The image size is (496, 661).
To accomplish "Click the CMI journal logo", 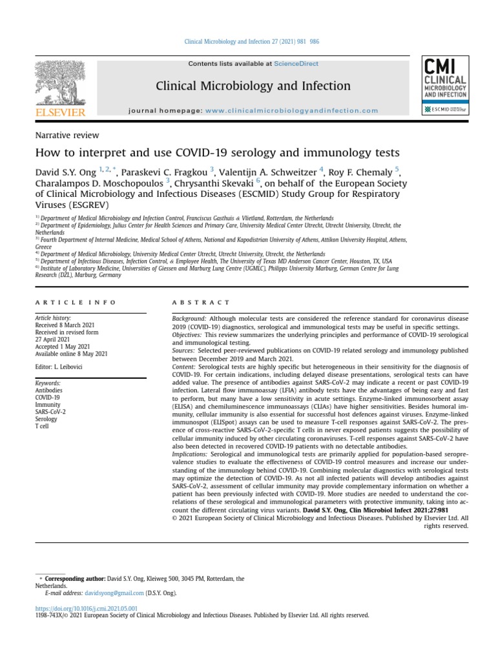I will [x=446, y=77].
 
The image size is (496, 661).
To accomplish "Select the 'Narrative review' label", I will [x=67, y=135].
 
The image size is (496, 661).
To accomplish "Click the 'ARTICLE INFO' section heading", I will [x=76, y=302].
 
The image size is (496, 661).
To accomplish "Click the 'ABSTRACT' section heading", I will [x=200, y=302].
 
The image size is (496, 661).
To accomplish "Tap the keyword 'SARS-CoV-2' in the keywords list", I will [x=50, y=411].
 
